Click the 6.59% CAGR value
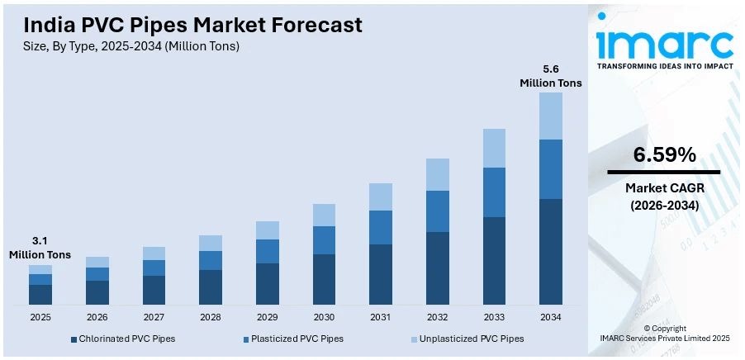click(664, 154)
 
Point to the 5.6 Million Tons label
click(551, 76)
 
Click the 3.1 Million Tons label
click(40, 249)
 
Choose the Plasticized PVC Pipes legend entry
click(296, 339)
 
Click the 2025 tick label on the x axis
click(40, 317)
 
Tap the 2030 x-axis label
click(324, 317)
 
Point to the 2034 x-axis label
click(551, 317)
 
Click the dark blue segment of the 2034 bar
click(551, 252)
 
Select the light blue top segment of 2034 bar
click(551, 116)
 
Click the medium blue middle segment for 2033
click(494, 192)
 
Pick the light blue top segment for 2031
click(381, 197)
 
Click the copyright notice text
click(664, 333)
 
